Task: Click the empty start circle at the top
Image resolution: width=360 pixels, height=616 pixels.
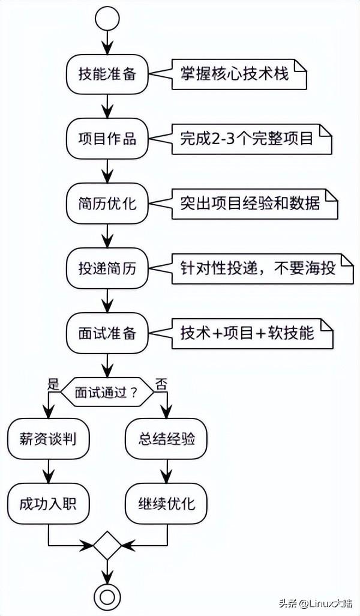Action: [107, 19]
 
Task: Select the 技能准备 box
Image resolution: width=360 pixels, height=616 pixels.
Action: [107, 74]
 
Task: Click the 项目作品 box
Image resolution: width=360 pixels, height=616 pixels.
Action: [107, 139]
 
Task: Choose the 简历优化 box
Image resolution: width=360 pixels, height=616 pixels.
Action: [107, 204]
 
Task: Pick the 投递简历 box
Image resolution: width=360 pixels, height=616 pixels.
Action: [107, 268]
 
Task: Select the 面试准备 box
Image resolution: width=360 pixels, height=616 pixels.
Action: [107, 333]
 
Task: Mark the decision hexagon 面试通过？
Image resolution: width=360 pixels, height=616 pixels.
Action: [107, 393]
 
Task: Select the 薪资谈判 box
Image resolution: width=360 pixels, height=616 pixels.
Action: [48, 439]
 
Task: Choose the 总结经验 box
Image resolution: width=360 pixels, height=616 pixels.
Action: [168, 439]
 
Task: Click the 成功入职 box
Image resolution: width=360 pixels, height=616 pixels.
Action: [48, 503]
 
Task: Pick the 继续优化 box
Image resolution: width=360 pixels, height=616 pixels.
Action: [168, 503]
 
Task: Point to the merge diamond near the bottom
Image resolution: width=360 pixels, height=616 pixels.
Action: [107, 546]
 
